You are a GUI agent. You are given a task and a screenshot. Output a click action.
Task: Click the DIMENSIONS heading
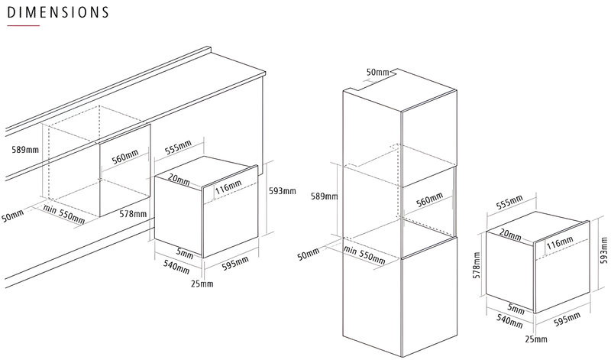tap(58, 12)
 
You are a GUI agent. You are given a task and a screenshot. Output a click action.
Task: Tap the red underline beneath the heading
tap(24, 26)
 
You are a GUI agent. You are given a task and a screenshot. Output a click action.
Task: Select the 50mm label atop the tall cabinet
tap(377, 72)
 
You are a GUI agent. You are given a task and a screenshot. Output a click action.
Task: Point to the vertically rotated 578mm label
tap(476, 265)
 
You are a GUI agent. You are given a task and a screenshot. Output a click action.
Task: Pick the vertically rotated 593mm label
tap(603, 251)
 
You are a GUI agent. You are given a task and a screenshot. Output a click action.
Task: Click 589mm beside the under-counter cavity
tap(25, 149)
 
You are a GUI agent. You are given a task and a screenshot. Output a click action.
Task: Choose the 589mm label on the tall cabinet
tap(324, 196)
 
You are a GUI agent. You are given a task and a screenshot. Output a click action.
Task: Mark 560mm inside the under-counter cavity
tap(125, 157)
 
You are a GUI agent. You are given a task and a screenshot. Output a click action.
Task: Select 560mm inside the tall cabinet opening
tap(429, 199)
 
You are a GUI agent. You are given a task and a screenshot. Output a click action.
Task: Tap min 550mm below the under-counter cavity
tap(64, 215)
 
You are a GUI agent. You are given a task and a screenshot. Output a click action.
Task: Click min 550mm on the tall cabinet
tap(365, 255)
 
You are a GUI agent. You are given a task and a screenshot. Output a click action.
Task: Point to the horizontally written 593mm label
tap(283, 191)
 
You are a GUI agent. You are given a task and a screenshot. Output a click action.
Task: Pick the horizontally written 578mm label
tap(133, 214)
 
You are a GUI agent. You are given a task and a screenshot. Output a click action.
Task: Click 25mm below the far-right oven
tap(536, 339)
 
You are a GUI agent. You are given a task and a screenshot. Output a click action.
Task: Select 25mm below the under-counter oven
tap(202, 284)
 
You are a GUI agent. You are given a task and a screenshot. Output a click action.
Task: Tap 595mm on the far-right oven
tap(567, 319)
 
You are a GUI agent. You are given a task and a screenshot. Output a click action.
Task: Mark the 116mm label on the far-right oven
tap(560, 242)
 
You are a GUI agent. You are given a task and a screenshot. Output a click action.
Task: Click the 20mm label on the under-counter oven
tap(179, 180)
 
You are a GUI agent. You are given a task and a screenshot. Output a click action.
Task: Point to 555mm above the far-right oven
tap(509, 202)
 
